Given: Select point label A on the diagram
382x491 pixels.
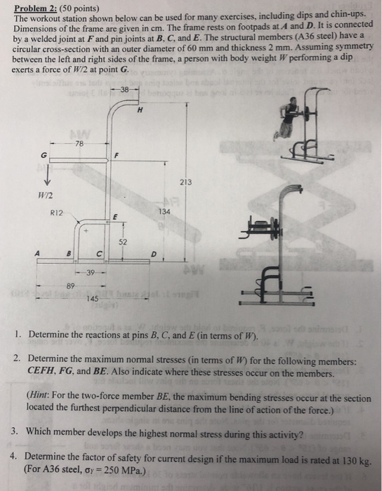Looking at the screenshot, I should click(38, 255).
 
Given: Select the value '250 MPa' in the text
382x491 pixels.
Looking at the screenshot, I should click(124, 469).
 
